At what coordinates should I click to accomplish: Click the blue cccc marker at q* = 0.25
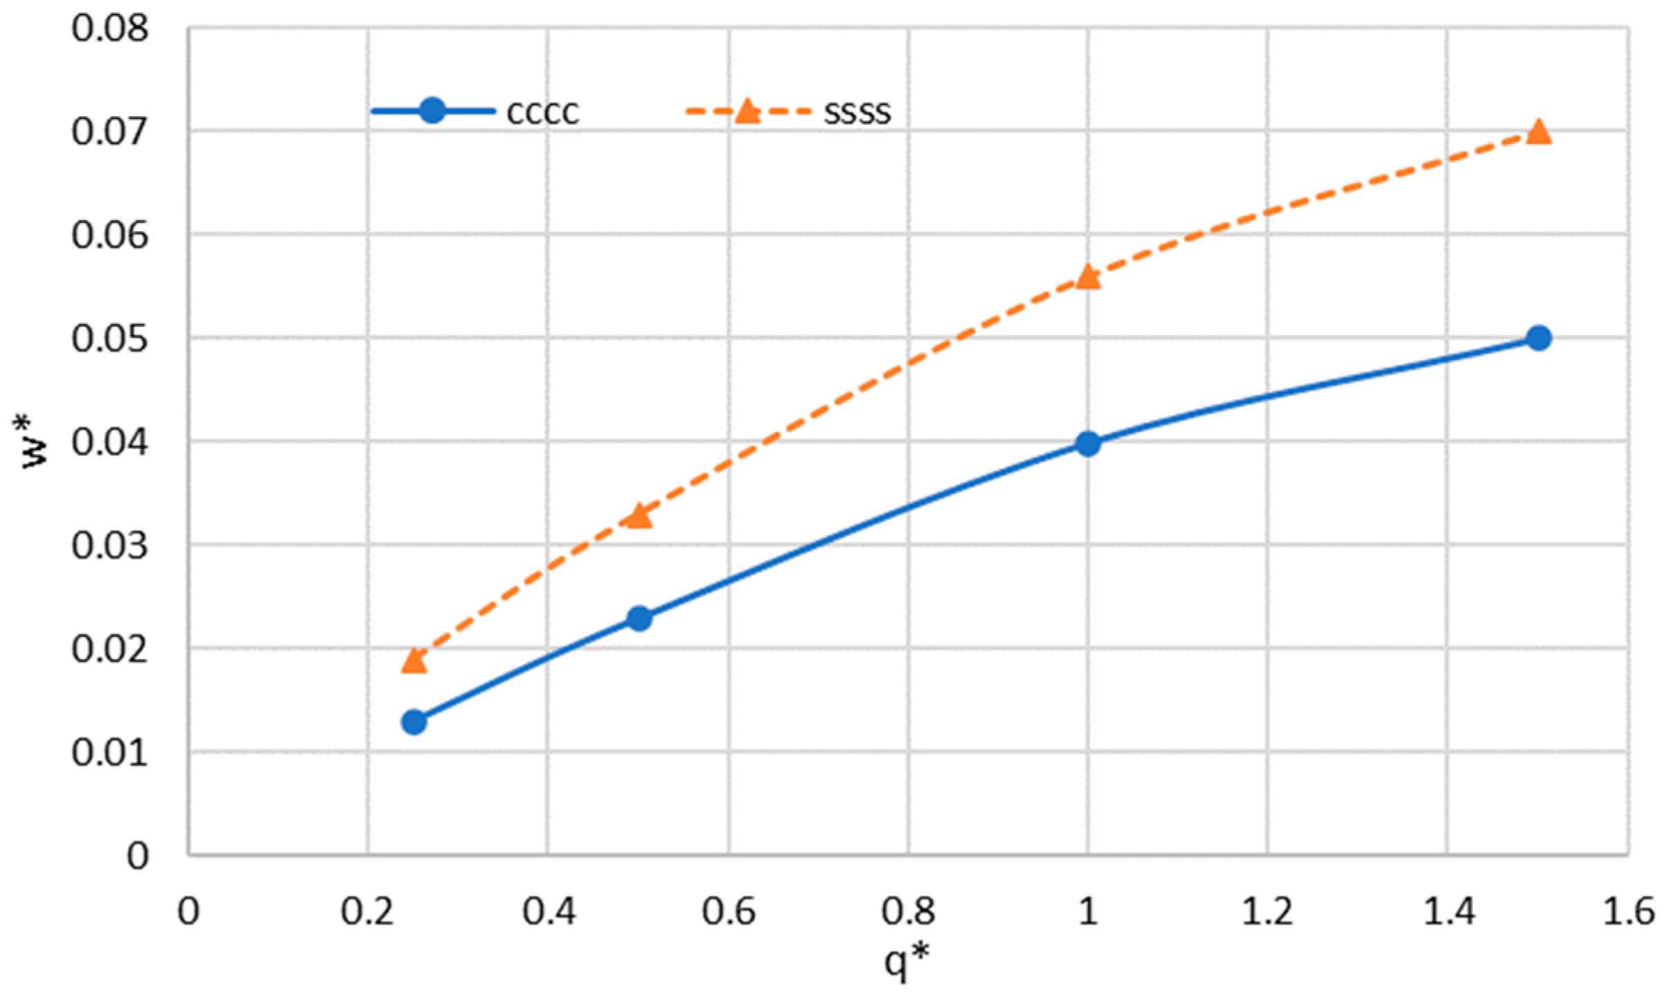pos(414,722)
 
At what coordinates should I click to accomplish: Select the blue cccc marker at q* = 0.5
pos(639,618)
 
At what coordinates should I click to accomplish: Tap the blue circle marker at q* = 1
pos(1088,444)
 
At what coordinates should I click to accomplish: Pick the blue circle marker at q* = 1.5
pos(1539,339)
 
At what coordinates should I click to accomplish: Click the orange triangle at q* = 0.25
pos(414,660)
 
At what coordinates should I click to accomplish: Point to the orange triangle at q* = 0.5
pos(639,516)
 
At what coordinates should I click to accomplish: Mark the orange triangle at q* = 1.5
pos(1539,132)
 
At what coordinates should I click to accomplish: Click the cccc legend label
pos(542,112)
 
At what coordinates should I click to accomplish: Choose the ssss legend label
pos(857,112)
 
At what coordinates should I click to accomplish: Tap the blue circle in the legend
pos(433,110)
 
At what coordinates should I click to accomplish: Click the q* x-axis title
pos(907,962)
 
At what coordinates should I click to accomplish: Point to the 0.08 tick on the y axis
pos(110,29)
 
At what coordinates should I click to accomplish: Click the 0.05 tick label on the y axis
pos(110,339)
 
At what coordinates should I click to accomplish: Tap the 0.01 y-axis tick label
pos(110,753)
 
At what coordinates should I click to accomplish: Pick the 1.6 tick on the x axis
pos(1628,912)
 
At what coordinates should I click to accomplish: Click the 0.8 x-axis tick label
pos(908,912)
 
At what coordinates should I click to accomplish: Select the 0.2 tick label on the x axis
pos(368,912)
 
